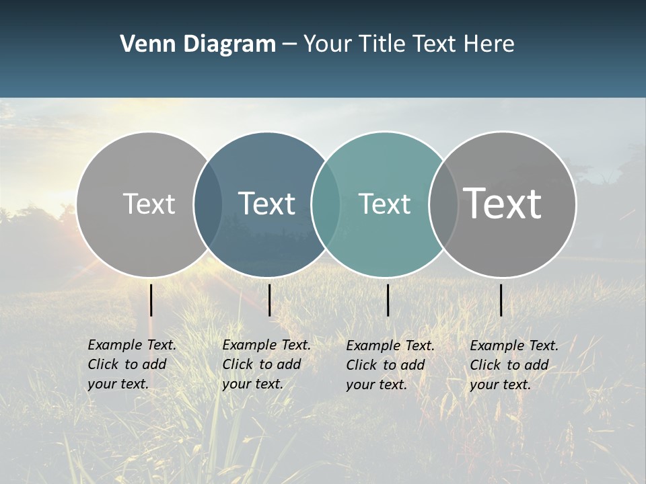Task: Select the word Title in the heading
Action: pos(382,44)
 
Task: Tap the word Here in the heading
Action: pos(489,44)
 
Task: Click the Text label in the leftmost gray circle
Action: pos(149,204)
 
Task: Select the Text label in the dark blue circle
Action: pos(266,204)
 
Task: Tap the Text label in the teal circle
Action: pos(384,204)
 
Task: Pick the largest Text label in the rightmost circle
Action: pos(503,203)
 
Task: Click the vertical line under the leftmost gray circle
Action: pos(151,300)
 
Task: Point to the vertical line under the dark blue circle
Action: pos(269,300)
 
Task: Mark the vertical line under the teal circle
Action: pos(388,300)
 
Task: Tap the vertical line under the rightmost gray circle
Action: pos(501,300)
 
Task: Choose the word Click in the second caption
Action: pos(238,364)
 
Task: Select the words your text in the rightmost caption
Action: pos(500,385)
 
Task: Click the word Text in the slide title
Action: pos(435,44)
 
